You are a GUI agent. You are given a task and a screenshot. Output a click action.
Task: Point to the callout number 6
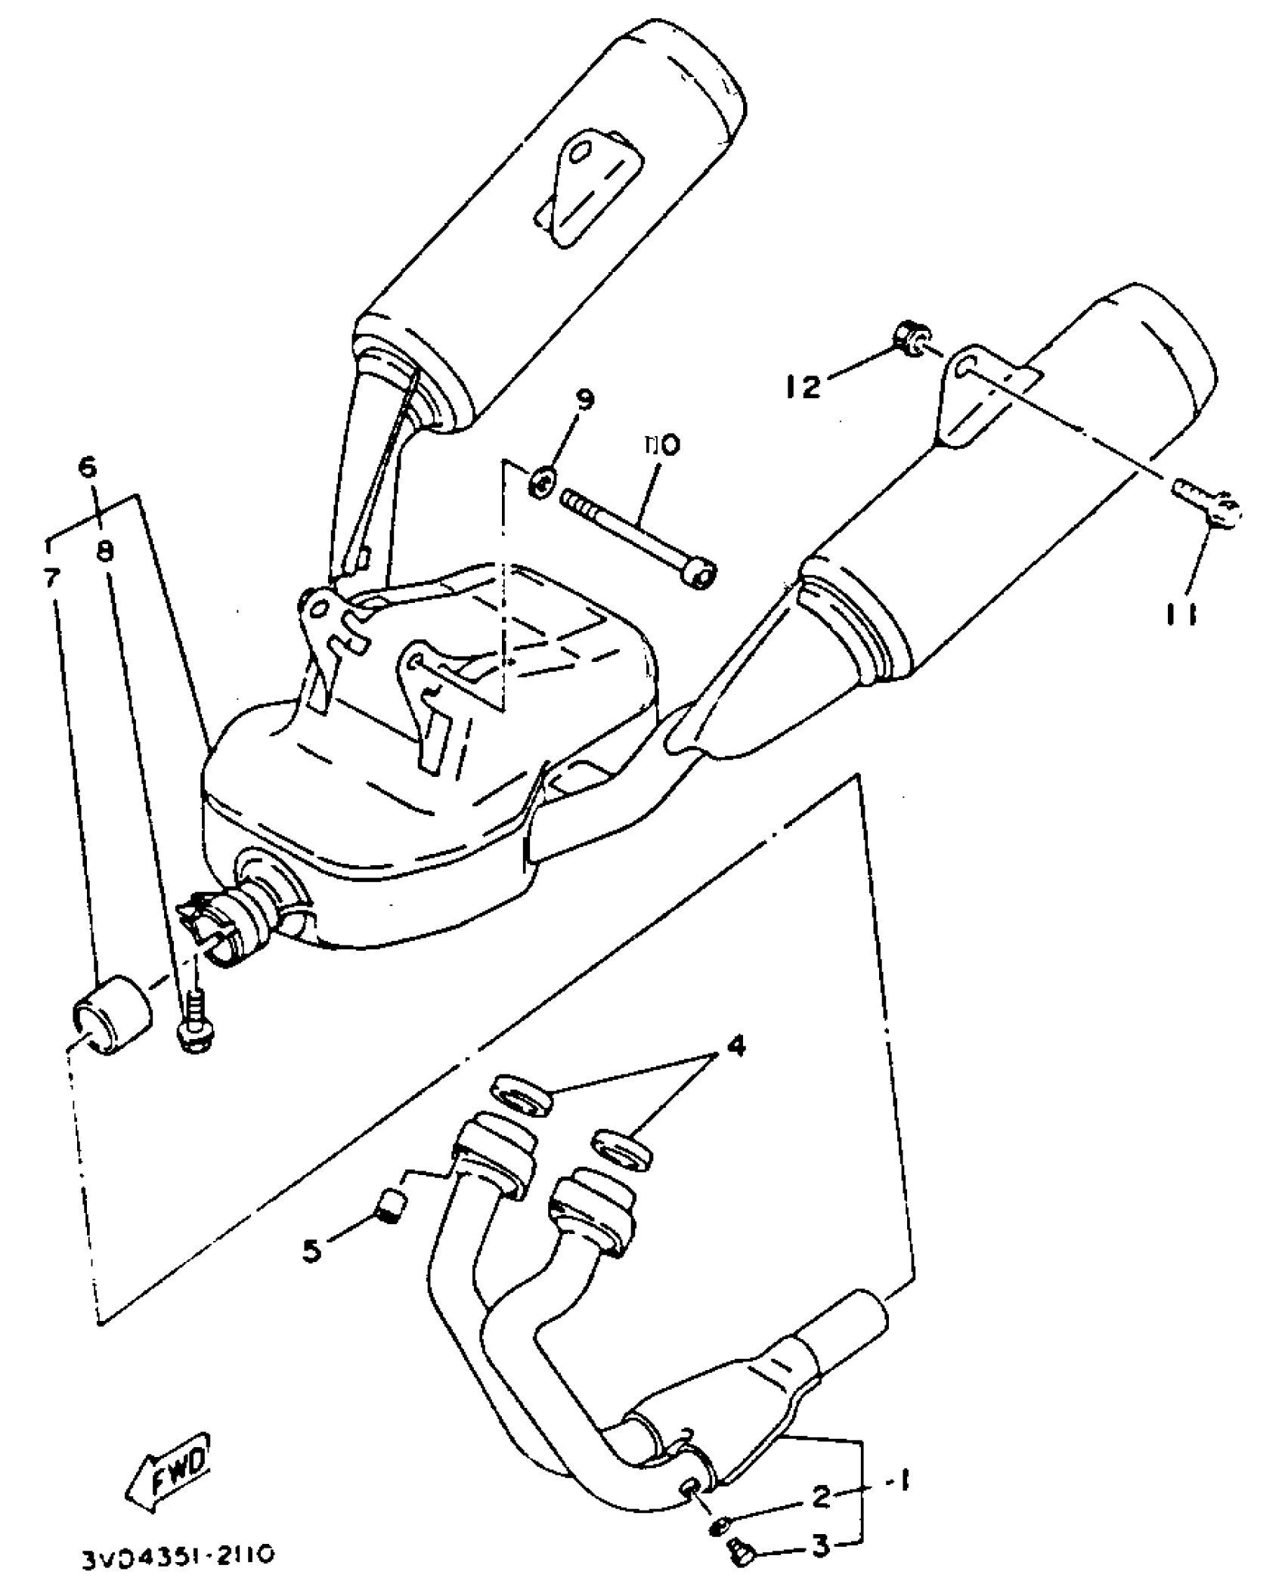pyautogui.click(x=88, y=468)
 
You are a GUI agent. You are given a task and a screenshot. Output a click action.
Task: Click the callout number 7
pyautogui.click(x=51, y=578)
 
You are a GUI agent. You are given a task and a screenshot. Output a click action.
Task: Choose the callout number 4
pyautogui.click(x=735, y=1047)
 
